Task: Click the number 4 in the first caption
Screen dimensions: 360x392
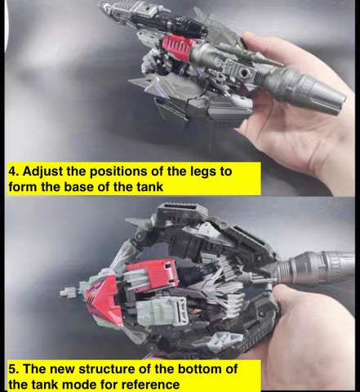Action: point(13,171)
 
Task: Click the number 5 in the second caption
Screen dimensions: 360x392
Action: point(13,369)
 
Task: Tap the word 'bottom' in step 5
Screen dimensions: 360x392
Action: point(198,369)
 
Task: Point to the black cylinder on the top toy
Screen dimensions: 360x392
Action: point(187,27)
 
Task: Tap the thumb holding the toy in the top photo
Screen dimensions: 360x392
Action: point(267,47)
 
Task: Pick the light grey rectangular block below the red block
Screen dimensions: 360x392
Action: point(162,311)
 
